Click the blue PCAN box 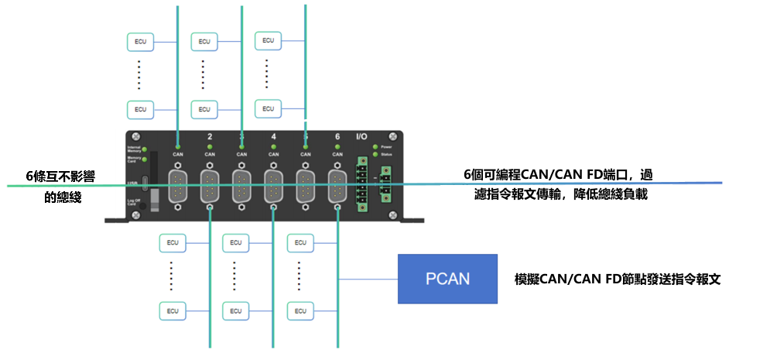[x=448, y=279]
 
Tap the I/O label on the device [x=361, y=137]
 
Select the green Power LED [x=375, y=146]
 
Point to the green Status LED [x=375, y=154]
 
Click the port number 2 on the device [x=210, y=137]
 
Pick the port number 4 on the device [x=273, y=137]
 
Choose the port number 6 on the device [x=337, y=137]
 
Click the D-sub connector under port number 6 [x=337, y=187]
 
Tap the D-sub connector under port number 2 [x=210, y=187]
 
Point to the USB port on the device [x=145, y=187]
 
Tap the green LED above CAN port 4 [x=273, y=146]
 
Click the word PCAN [x=448, y=279]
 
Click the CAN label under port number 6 [x=337, y=154]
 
